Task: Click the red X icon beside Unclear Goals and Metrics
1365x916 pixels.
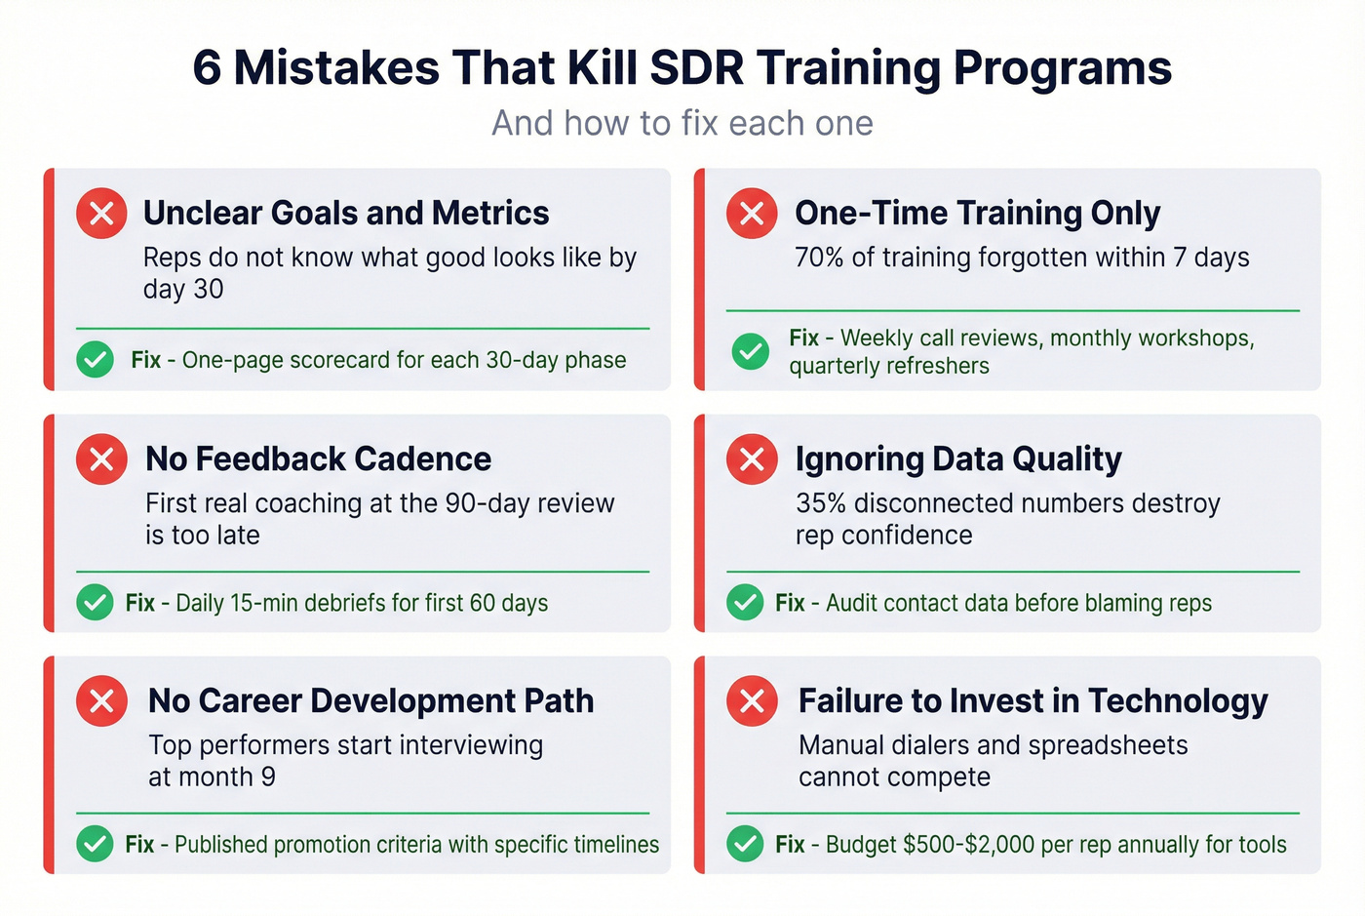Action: click(x=101, y=213)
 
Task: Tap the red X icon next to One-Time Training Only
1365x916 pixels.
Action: click(x=752, y=213)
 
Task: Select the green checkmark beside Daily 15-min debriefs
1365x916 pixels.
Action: click(x=95, y=603)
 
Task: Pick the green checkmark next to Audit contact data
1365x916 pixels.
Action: click(x=745, y=603)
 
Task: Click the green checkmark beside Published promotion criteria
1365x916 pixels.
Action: click(x=95, y=844)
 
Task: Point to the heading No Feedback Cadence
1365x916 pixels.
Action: click(x=318, y=458)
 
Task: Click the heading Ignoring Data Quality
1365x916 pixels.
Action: click(x=958, y=458)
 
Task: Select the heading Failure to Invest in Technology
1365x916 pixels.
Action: click(x=1033, y=700)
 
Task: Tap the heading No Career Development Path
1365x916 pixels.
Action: click(x=370, y=700)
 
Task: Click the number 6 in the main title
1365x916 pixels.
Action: click(x=207, y=68)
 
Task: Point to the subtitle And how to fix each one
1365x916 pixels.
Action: click(x=682, y=124)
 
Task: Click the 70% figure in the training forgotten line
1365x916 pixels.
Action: click(x=818, y=258)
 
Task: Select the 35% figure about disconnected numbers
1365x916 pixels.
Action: click(x=819, y=503)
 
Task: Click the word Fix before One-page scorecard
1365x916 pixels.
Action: click(x=146, y=360)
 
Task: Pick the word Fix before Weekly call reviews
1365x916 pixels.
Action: click(x=803, y=338)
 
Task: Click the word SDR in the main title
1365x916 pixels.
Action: click(x=696, y=68)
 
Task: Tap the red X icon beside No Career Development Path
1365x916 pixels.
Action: click(x=101, y=700)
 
